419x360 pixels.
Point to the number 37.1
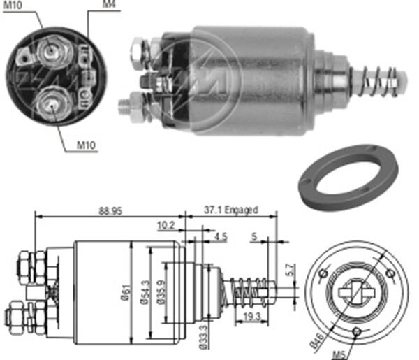point(213,209)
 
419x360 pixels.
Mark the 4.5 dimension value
point(221,236)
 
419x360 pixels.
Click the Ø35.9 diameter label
point(160,290)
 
